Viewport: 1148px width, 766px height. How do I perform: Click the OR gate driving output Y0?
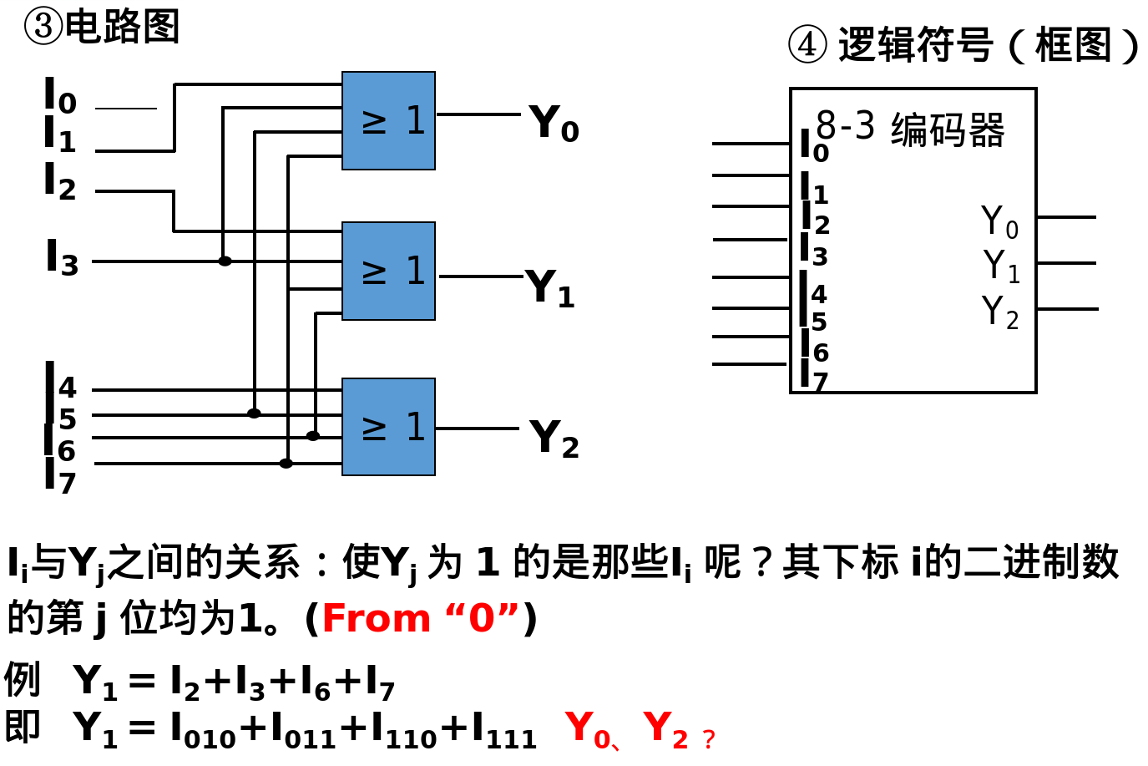coord(388,121)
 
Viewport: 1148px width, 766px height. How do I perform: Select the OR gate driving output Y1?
coord(388,271)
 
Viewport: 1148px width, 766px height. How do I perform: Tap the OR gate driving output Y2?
coord(388,427)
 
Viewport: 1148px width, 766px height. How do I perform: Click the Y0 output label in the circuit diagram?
coord(554,124)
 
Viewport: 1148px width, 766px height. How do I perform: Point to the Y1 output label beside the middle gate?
coord(550,289)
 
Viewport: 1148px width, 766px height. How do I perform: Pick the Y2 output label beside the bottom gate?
coord(554,439)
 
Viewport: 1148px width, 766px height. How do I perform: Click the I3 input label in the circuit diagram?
coord(62,258)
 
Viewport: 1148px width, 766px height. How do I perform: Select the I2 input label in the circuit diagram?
coord(60,183)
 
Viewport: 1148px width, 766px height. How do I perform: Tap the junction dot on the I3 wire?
coord(225,261)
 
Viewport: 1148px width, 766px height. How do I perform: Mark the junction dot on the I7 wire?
coord(286,464)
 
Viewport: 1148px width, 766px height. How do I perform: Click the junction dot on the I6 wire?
coord(313,436)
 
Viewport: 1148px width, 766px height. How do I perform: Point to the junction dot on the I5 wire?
coord(254,413)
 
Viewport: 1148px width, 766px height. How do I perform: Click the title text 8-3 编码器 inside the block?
coord(910,129)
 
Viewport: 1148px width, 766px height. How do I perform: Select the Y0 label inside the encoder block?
coord(999,222)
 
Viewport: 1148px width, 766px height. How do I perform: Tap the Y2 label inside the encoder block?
coord(999,312)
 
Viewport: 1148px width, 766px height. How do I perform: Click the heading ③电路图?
coord(102,27)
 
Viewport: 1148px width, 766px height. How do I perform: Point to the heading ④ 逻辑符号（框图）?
coord(964,45)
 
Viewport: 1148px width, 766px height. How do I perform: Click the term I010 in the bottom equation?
coord(203,729)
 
